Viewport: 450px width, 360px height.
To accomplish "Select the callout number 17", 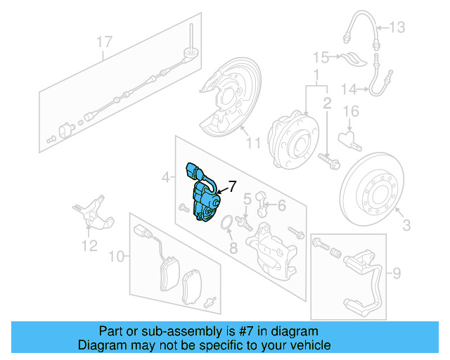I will click(105, 41).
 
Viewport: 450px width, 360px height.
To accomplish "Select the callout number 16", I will click(351, 111).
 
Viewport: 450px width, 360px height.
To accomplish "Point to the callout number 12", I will click(88, 246).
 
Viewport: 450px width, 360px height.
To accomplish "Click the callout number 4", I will click(166, 179).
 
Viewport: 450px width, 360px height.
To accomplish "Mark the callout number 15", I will click(321, 56).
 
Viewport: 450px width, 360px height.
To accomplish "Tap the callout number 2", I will click(326, 104).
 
